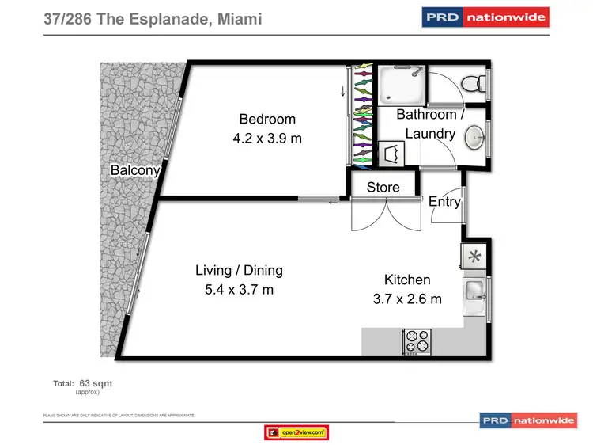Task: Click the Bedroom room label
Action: tap(267, 120)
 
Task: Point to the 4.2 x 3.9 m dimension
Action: tap(267, 139)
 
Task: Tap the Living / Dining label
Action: tap(239, 271)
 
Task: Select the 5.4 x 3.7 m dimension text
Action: tap(239, 290)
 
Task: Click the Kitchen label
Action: tap(407, 280)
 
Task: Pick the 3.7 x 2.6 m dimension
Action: tap(407, 299)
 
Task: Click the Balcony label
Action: tap(135, 170)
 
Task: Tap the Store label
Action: tap(383, 188)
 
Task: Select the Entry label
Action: tap(444, 202)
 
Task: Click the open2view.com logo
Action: tap(296, 432)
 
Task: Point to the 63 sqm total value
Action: tap(96, 383)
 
